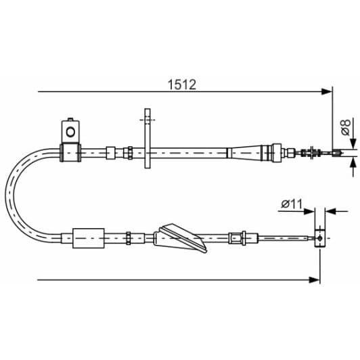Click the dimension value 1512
(x=182, y=85)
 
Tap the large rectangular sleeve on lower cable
(x=87, y=238)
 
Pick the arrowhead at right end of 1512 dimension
(x=329, y=91)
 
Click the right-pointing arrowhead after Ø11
(x=311, y=210)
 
